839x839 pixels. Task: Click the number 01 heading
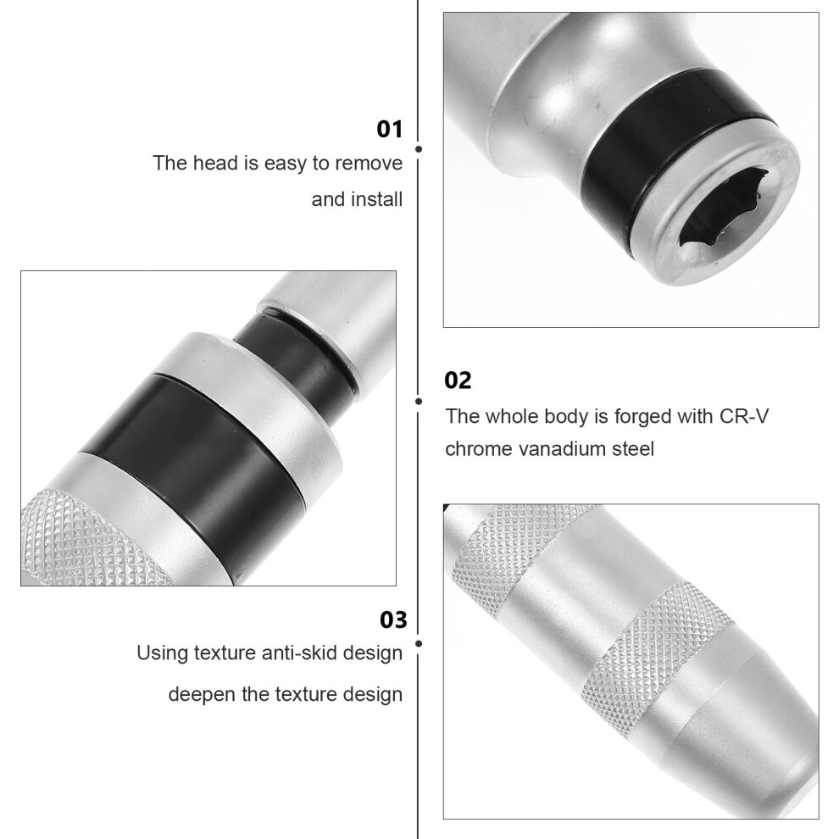pyautogui.click(x=390, y=130)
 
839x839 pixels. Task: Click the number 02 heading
pyautogui.click(x=458, y=381)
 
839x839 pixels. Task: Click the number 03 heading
pyautogui.click(x=393, y=620)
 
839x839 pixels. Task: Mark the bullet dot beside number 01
pyautogui.click(x=419, y=149)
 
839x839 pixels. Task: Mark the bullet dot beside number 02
pyautogui.click(x=419, y=402)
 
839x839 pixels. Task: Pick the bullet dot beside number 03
pyautogui.click(x=419, y=644)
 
